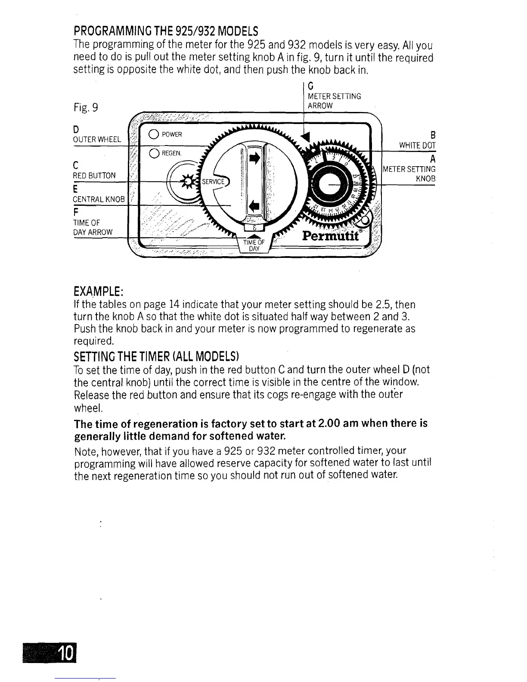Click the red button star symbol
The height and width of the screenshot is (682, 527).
point(188,181)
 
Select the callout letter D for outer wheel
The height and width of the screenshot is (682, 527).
point(76,130)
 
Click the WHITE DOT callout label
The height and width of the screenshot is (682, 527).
point(417,146)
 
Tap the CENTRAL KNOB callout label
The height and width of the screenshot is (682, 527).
point(99,199)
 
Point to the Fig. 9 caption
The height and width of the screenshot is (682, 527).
point(86,107)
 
